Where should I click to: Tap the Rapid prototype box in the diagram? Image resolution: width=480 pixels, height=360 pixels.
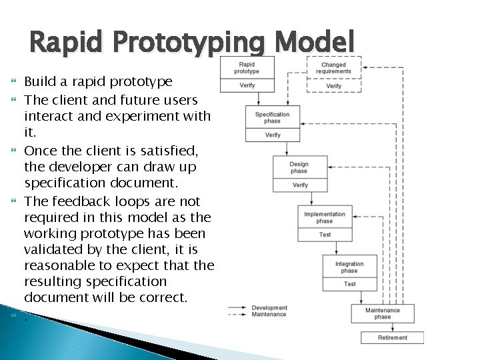click(x=247, y=67)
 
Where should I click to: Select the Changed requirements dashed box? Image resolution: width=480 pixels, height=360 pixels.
click(x=333, y=67)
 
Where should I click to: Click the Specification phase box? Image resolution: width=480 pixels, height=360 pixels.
click(x=273, y=117)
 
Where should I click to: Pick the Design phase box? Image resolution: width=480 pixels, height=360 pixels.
click(x=299, y=167)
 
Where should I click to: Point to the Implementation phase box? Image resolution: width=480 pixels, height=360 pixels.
click(x=325, y=217)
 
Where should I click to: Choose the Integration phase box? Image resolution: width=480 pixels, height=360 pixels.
click(x=349, y=267)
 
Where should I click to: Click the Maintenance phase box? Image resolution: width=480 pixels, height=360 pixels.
click(x=383, y=313)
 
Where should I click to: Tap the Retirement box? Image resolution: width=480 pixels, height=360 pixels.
click(x=393, y=337)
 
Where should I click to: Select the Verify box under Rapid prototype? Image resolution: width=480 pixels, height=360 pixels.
click(x=247, y=85)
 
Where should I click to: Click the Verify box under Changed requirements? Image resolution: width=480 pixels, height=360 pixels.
click(x=333, y=85)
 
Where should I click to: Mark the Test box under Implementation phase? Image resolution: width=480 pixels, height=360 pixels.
click(x=325, y=235)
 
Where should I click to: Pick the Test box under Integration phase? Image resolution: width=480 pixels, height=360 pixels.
click(x=349, y=284)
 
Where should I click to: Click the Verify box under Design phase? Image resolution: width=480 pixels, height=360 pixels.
click(x=299, y=185)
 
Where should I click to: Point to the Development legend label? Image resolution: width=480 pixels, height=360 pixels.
click(x=269, y=308)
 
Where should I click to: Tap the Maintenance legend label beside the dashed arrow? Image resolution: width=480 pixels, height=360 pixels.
click(x=269, y=315)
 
